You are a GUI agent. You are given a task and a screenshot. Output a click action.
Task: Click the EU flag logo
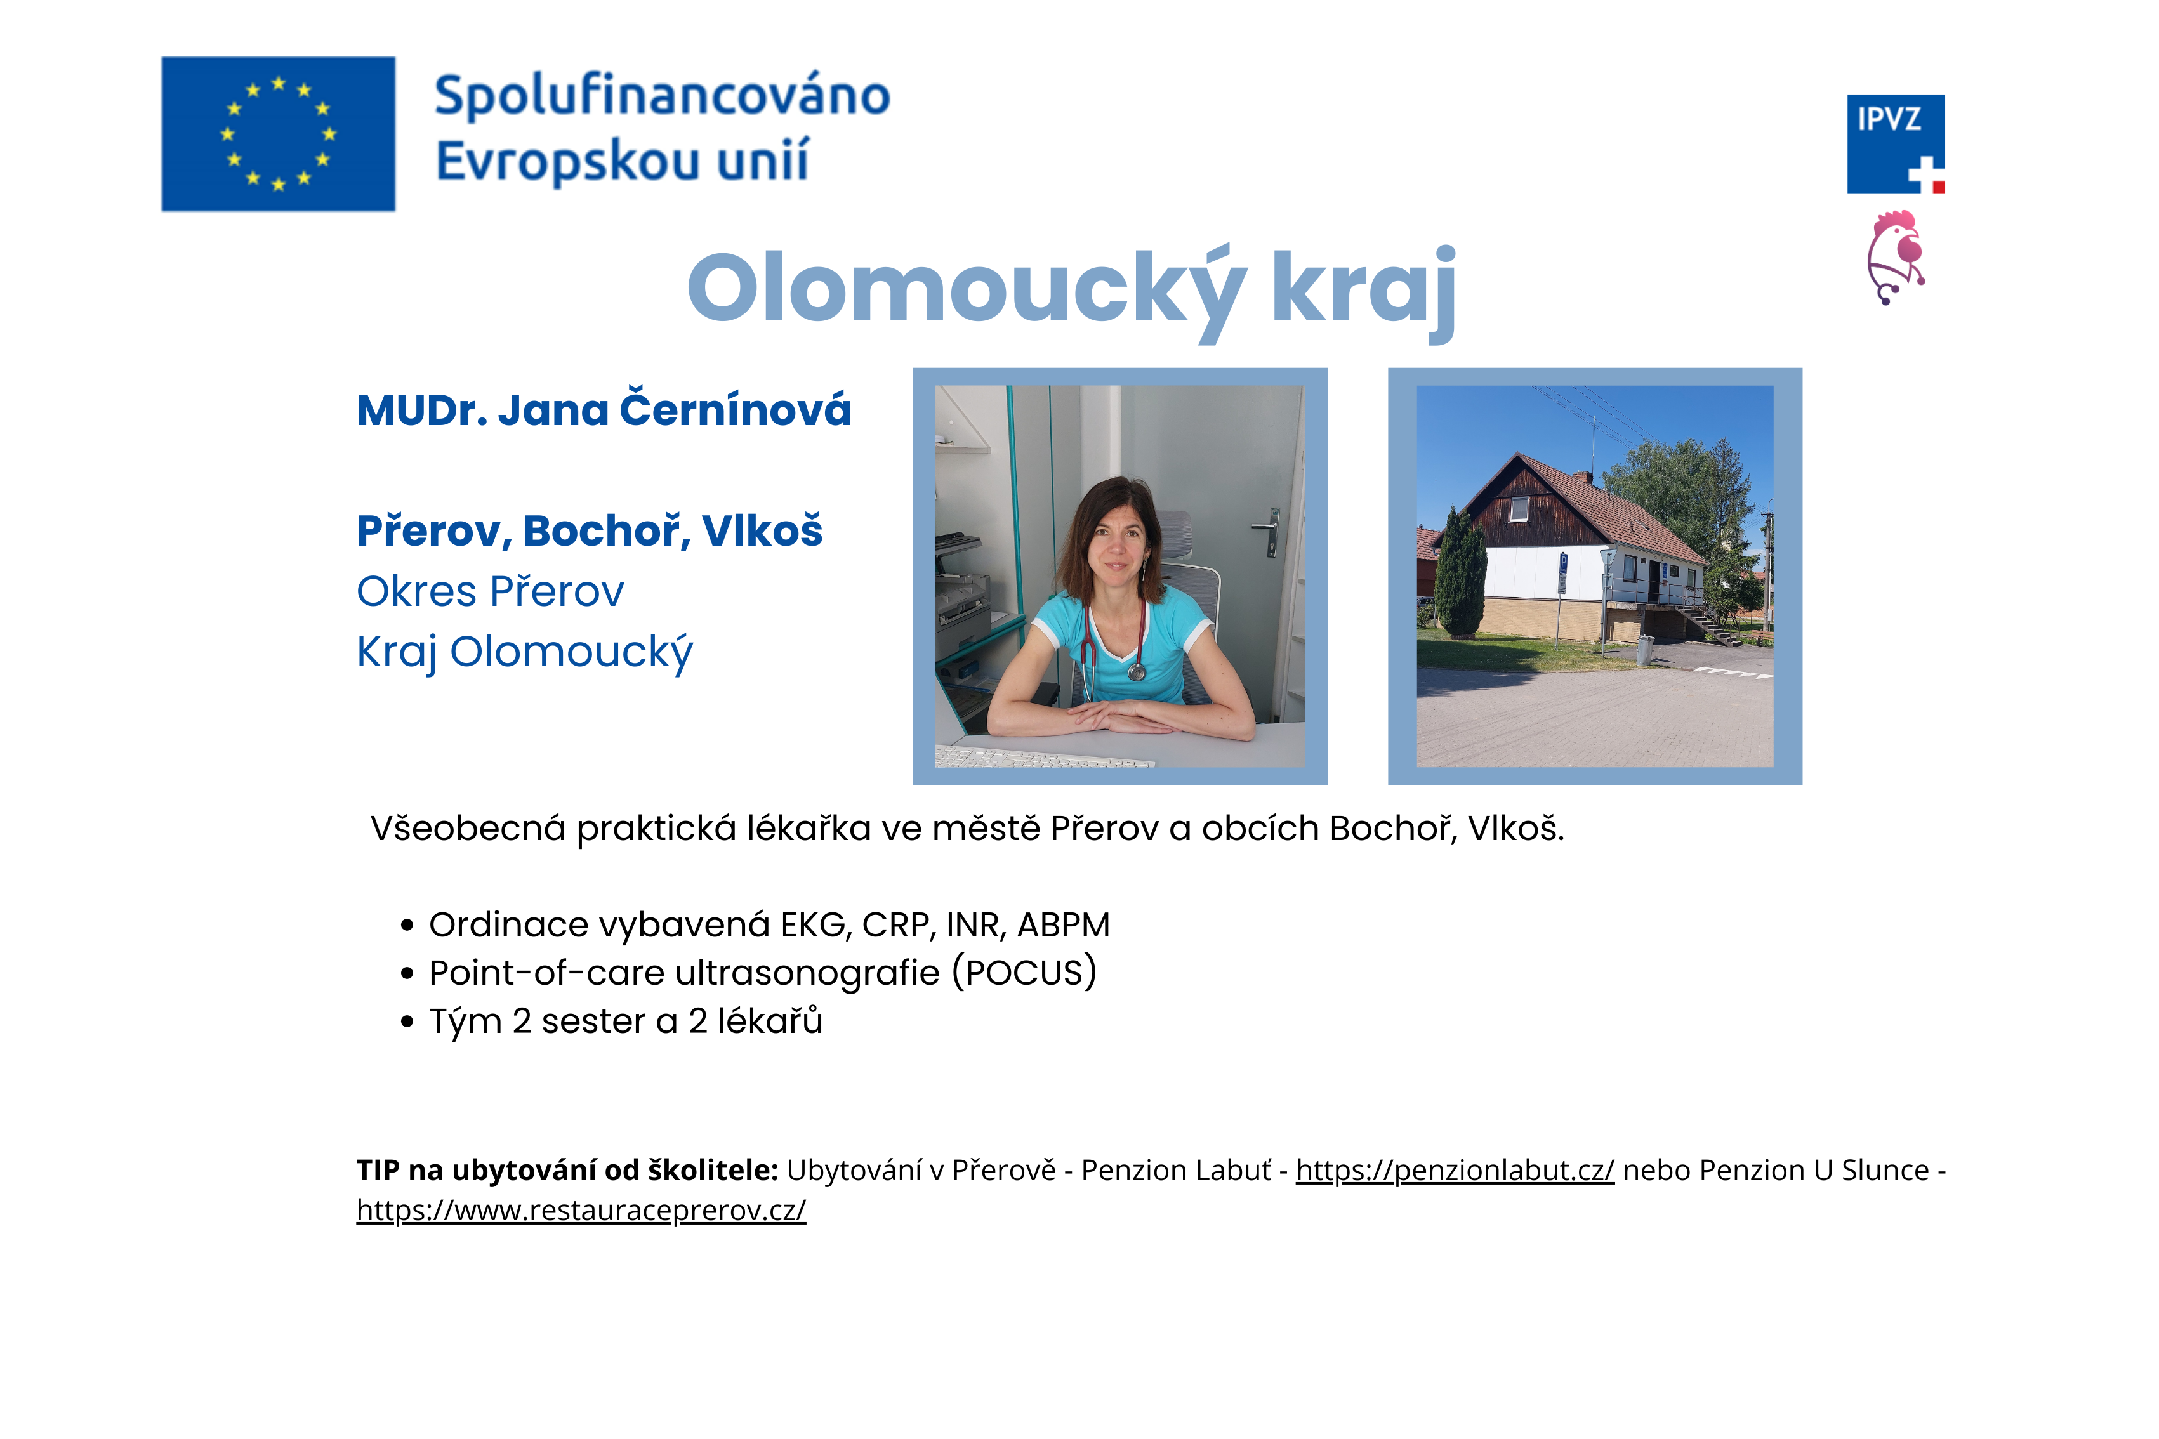(x=278, y=134)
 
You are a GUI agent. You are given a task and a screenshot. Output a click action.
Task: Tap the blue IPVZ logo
(x=1896, y=144)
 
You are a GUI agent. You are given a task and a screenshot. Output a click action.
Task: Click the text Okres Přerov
(x=490, y=591)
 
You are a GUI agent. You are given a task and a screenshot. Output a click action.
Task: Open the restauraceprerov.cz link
(x=581, y=1211)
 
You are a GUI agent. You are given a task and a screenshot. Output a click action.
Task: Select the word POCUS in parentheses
(x=1024, y=973)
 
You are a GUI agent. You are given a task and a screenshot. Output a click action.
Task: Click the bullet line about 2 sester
(x=626, y=1022)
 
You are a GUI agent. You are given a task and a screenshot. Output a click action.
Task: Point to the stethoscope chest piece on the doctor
(x=1137, y=672)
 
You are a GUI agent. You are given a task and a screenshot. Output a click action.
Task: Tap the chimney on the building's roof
(x=1583, y=479)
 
